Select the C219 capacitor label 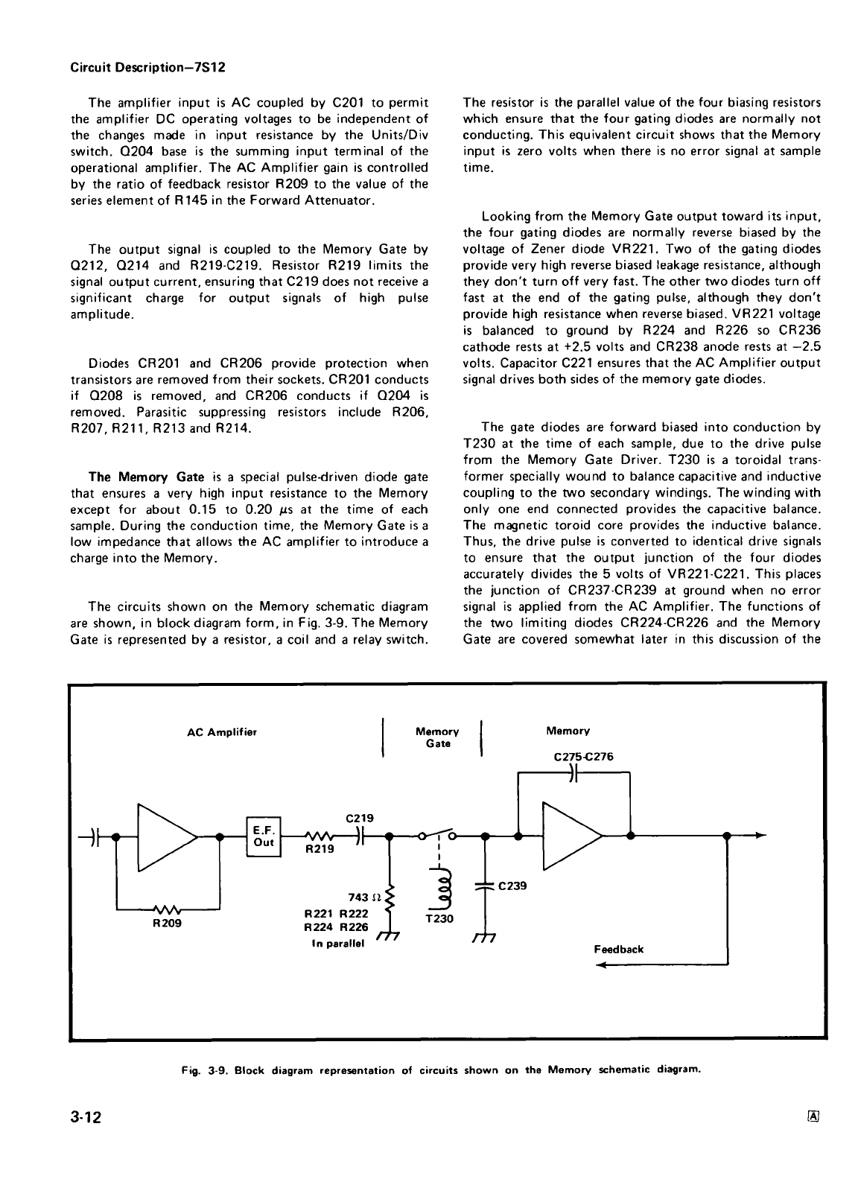click(359, 818)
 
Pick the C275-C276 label click(585, 757)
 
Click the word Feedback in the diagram click(618, 949)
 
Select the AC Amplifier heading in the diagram click(221, 732)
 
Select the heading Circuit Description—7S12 click(147, 67)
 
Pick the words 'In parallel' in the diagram click(339, 944)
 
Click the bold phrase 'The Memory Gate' click(146, 477)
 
